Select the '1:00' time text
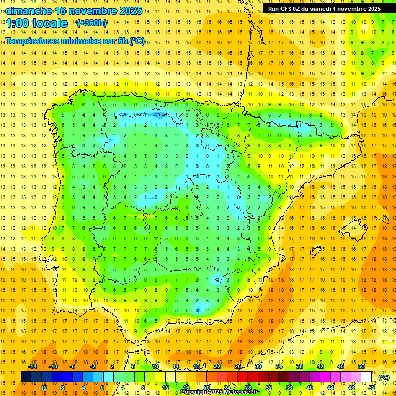pyautogui.click(x=18, y=23)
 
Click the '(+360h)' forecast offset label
pyautogui.click(x=92, y=23)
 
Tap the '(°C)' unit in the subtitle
pyautogui.click(x=137, y=41)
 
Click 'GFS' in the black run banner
pyautogui.click(x=287, y=9)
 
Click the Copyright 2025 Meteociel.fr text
pyautogui.click(x=219, y=392)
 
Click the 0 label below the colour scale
pyautogui.click(x=102, y=387)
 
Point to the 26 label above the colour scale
pyautogui.click(x=238, y=366)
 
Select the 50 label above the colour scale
pyautogui.click(x=361, y=366)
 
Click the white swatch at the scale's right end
pyautogui.click(x=367, y=377)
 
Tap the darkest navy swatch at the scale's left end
pyautogui.click(x=26, y=377)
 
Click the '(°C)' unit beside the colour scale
pyautogui.click(x=384, y=377)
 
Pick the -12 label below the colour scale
pyautogui.click(x=43, y=387)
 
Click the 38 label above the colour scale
pyautogui.click(x=299, y=366)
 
